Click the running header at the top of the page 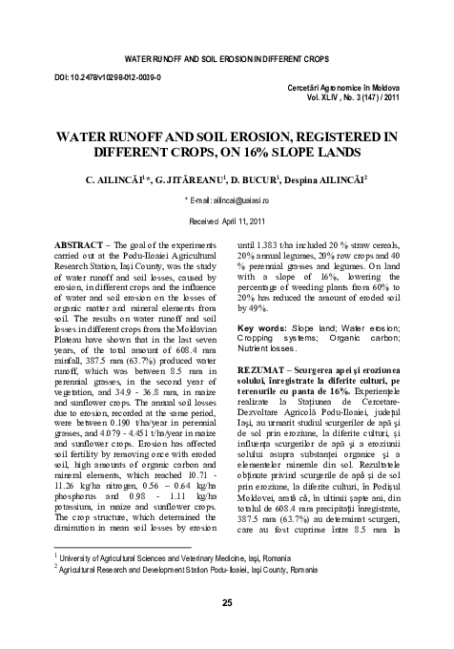pyautogui.click(x=226, y=47)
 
